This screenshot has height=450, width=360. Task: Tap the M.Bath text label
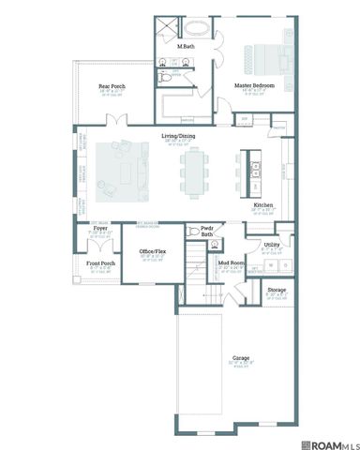tap(186, 46)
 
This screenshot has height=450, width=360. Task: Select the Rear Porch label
tap(112, 86)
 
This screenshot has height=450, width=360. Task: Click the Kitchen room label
tap(263, 204)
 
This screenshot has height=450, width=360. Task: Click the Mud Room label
tap(232, 262)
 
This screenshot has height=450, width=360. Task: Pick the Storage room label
tap(276, 291)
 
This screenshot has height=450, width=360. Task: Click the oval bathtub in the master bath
tap(201, 26)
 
